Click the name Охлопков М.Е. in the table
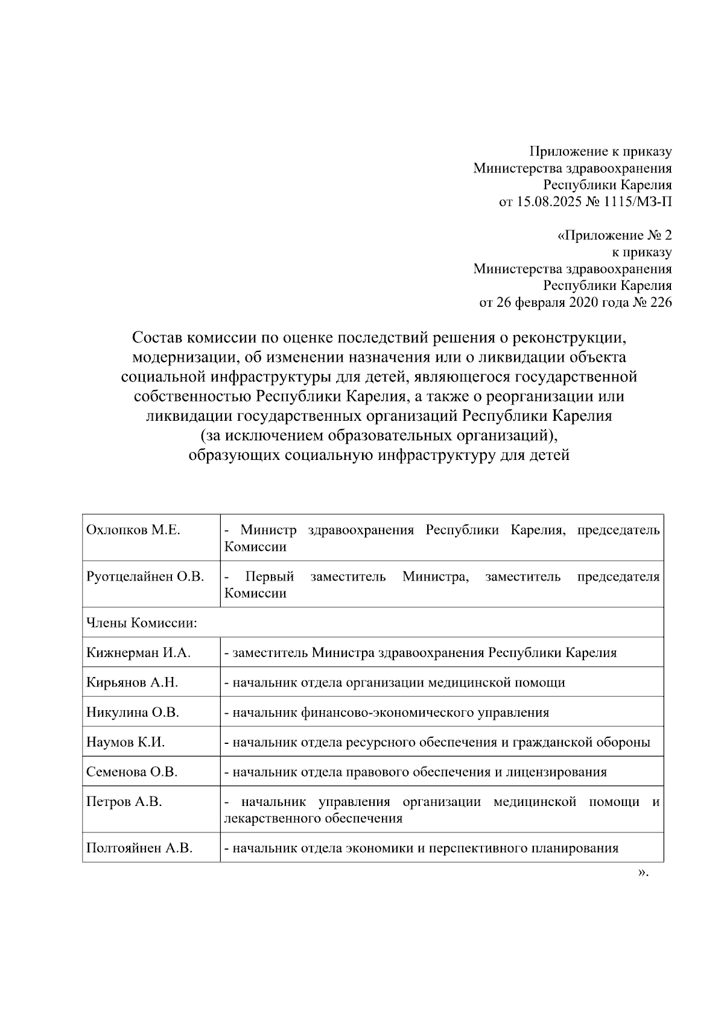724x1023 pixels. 133,530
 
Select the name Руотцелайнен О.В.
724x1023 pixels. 145,577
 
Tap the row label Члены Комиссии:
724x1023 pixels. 142,623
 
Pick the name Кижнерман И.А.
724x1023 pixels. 138,652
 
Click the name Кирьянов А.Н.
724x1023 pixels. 132,682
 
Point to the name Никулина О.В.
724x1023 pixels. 133,712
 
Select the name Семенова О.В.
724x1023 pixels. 132,772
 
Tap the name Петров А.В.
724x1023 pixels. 124,802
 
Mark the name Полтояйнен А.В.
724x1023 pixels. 139,848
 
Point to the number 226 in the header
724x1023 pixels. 661,303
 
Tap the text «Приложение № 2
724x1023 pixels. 614,235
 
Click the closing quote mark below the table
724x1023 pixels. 643,873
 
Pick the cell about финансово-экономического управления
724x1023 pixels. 387,712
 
